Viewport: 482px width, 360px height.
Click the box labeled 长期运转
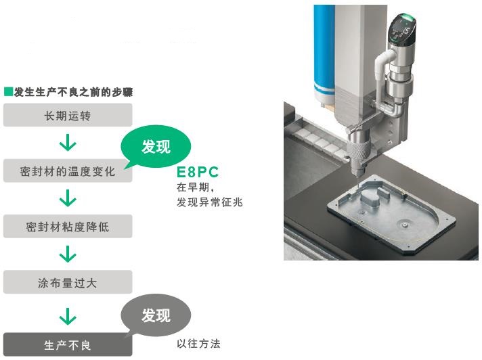(x=68, y=115)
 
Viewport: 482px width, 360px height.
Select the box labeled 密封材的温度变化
(x=68, y=171)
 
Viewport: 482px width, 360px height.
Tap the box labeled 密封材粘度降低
(x=68, y=227)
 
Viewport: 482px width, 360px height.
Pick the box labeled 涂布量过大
(x=68, y=282)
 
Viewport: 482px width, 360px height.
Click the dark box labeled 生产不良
(x=68, y=344)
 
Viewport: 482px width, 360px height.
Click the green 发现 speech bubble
(x=156, y=146)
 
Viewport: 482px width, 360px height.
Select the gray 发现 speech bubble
(x=156, y=315)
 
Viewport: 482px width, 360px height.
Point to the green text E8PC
(x=198, y=172)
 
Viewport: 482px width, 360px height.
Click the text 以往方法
(x=198, y=343)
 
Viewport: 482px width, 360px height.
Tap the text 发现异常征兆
(x=210, y=202)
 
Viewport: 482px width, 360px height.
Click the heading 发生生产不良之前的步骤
(x=73, y=92)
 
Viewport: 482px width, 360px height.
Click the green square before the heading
(x=8, y=91)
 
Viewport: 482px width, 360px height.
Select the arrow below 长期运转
(x=68, y=143)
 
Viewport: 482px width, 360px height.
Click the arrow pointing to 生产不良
(x=68, y=316)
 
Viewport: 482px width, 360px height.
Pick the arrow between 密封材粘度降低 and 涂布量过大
(x=68, y=254)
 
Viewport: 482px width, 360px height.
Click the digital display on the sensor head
(x=402, y=30)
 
